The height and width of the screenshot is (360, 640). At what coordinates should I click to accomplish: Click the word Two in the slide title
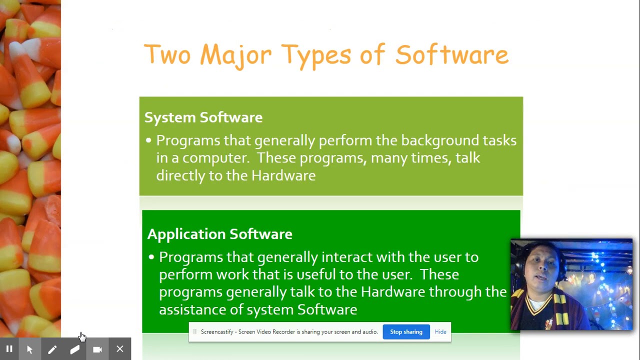pos(167,54)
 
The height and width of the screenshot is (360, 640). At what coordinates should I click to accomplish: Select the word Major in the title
pos(235,55)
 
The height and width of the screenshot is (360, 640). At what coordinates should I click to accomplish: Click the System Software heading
pos(203,117)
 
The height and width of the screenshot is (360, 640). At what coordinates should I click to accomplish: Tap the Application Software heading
pos(219,234)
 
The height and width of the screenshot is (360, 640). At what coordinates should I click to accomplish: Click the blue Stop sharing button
pos(406,332)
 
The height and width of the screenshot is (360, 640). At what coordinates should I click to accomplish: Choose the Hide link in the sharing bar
pos(440,332)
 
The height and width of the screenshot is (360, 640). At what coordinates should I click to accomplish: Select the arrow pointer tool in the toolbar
pos(30,349)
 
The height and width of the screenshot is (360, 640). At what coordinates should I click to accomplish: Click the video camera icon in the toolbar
pos(97,349)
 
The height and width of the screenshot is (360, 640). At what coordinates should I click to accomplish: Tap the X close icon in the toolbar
pos(120,349)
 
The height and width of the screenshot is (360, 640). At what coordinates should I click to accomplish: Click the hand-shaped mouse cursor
pos(82,336)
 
